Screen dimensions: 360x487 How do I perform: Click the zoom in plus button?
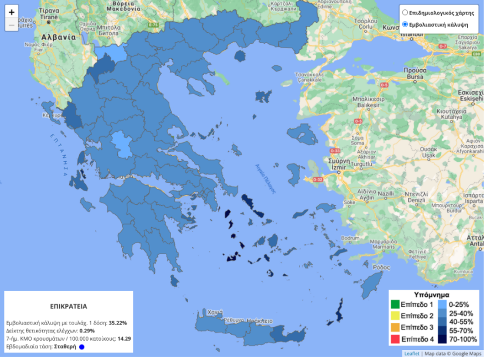point(12,12)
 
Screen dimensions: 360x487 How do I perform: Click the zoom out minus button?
point(12,25)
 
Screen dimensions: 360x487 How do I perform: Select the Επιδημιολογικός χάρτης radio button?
point(405,12)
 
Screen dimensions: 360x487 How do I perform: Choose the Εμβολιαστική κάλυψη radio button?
point(405,24)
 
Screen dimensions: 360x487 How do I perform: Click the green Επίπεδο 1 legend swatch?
point(395,304)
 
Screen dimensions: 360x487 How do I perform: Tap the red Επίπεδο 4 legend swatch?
point(395,338)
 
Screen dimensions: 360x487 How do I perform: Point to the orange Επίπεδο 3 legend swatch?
point(395,327)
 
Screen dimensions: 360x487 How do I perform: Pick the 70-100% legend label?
point(464,338)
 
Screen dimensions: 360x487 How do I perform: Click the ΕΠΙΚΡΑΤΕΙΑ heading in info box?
point(69,306)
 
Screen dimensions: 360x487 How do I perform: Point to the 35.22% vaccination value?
point(118,322)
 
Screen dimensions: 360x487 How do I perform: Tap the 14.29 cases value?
point(124,338)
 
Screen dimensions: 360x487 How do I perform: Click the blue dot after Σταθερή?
point(81,347)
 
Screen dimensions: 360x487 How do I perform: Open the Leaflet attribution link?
point(411,353)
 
